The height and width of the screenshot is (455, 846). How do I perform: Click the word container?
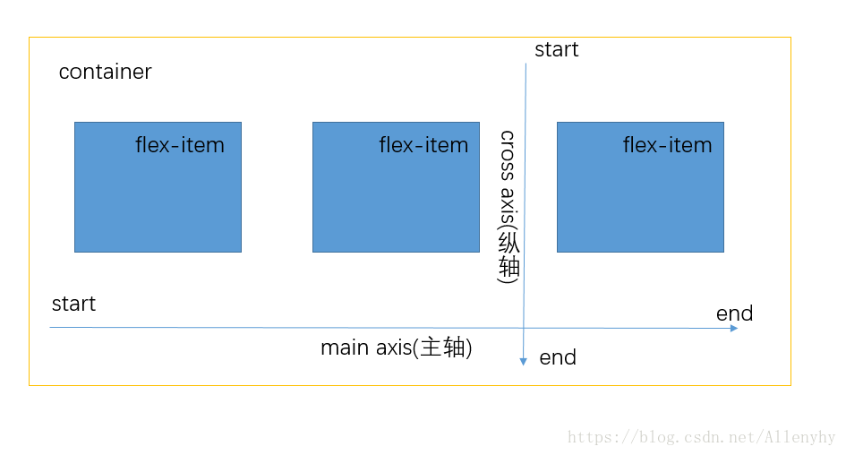(x=105, y=72)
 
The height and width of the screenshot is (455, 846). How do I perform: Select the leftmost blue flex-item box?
(x=158, y=197)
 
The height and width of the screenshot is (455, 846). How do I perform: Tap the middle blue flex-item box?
(x=396, y=197)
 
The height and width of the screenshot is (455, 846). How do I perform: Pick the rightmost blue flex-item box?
(x=640, y=197)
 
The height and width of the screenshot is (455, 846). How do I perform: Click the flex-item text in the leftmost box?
(x=180, y=145)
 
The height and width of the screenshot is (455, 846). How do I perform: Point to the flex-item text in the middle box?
(x=423, y=145)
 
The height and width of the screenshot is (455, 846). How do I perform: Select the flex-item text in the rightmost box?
(x=667, y=145)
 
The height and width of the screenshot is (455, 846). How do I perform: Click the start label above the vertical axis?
(x=556, y=50)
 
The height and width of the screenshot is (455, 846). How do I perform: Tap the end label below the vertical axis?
(x=558, y=358)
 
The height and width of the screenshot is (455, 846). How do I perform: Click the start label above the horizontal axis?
(x=73, y=305)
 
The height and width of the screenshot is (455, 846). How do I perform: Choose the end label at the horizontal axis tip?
(x=734, y=313)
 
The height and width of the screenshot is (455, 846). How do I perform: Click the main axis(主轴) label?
(x=396, y=348)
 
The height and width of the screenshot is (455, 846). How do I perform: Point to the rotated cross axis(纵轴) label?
(x=508, y=206)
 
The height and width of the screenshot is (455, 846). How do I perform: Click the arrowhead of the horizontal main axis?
(x=734, y=329)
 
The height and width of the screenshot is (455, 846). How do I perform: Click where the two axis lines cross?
(x=525, y=329)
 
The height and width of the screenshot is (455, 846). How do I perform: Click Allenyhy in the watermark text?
(x=799, y=438)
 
